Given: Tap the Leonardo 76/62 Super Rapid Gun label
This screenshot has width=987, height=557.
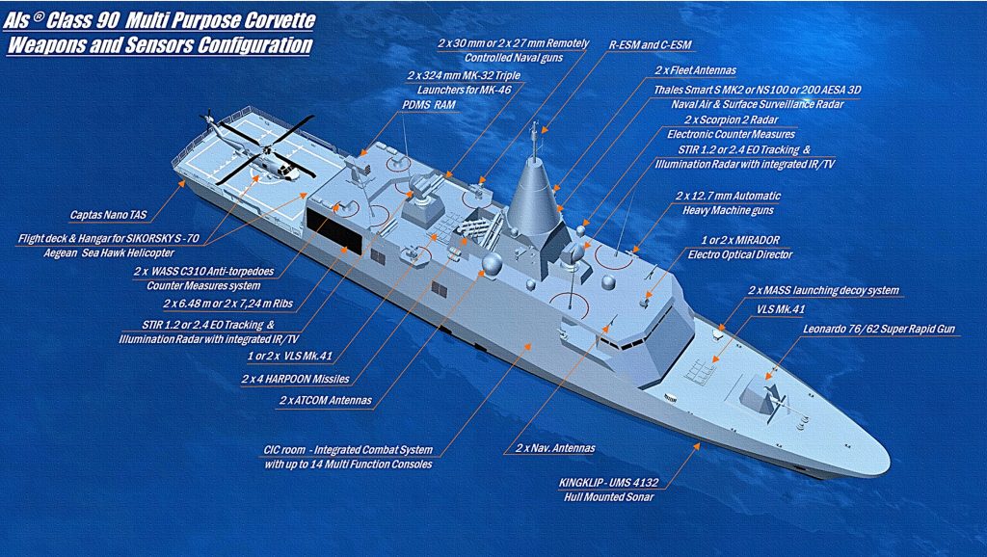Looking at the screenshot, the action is click(879, 330).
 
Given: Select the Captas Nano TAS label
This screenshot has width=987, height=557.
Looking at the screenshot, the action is click(108, 215).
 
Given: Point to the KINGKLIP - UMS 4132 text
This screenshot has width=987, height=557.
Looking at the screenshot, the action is click(608, 484).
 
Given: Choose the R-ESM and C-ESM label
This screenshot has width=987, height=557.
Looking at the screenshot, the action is click(650, 45).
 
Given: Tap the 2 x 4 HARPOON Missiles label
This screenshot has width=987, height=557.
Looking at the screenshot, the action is click(295, 380).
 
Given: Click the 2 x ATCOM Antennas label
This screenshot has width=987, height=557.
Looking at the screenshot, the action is click(326, 400).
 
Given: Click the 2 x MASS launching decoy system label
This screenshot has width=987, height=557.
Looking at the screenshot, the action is click(823, 291).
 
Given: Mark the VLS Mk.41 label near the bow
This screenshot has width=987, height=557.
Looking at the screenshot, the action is click(781, 309).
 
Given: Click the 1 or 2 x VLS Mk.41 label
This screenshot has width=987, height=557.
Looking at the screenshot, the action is click(289, 357).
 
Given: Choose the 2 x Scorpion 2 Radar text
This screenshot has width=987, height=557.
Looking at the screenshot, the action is click(731, 119).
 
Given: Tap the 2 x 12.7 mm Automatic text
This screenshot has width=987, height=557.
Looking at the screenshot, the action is click(728, 197).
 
